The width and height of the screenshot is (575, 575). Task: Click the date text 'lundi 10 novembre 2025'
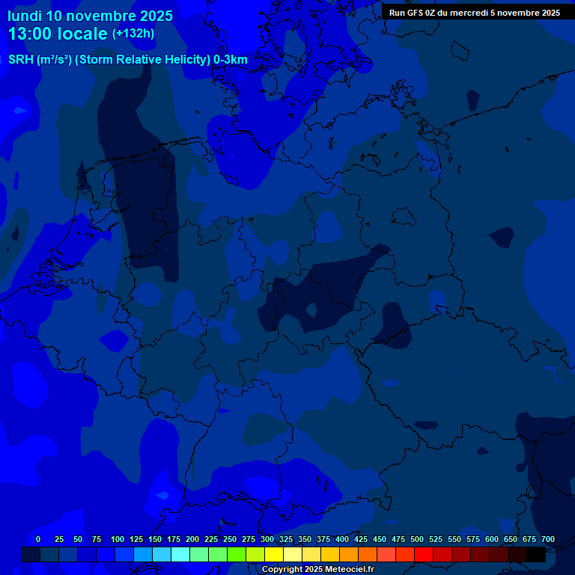[x=90, y=16]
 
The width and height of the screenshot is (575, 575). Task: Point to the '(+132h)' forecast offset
[x=133, y=33]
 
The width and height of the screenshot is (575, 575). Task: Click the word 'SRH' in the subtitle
[x=21, y=60]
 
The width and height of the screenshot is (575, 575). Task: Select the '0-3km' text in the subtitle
[x=231, y=60]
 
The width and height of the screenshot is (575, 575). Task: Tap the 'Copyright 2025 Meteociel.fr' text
[x=317, y=570]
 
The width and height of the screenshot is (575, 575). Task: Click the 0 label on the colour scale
[x=38, y=539]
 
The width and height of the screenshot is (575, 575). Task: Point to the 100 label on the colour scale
[x=118, y=539]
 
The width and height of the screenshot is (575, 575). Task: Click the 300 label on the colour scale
[x=267, y=539]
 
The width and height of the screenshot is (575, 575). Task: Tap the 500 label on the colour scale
[x=417, y=539]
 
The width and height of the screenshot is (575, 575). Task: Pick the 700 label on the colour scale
[x=548, y=539]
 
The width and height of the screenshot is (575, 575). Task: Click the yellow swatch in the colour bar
[x=274, y=554]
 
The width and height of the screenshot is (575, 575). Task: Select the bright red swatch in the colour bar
[x=424, y=554]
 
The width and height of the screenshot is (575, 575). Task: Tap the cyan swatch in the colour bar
[x=180, y=554]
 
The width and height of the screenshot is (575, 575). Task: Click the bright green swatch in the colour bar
[x=237, y=554]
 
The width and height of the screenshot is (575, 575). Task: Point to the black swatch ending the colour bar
[x=536, y=554]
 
